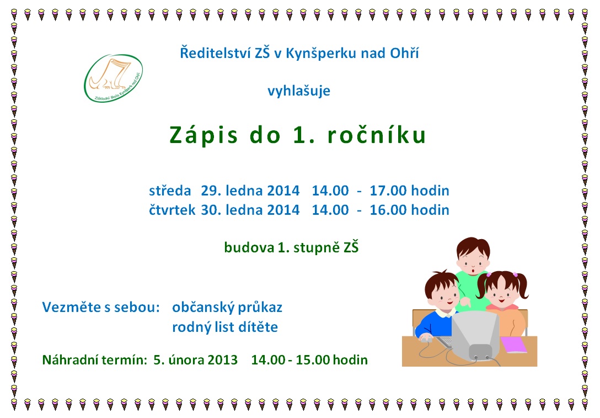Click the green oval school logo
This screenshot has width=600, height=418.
(113, 78)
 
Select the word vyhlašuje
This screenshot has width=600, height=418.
(299, 91)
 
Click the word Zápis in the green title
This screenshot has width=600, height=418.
(203, 135)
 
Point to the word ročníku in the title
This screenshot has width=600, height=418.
(377, 135)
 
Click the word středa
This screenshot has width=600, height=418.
(170, 191)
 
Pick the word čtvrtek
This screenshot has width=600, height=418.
(172, 210)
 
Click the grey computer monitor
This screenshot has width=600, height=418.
(475, 335)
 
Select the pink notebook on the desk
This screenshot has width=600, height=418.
(513, 345)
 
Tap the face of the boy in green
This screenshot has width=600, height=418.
(473, 261)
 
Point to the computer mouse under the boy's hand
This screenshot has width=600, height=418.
(427, 338)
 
